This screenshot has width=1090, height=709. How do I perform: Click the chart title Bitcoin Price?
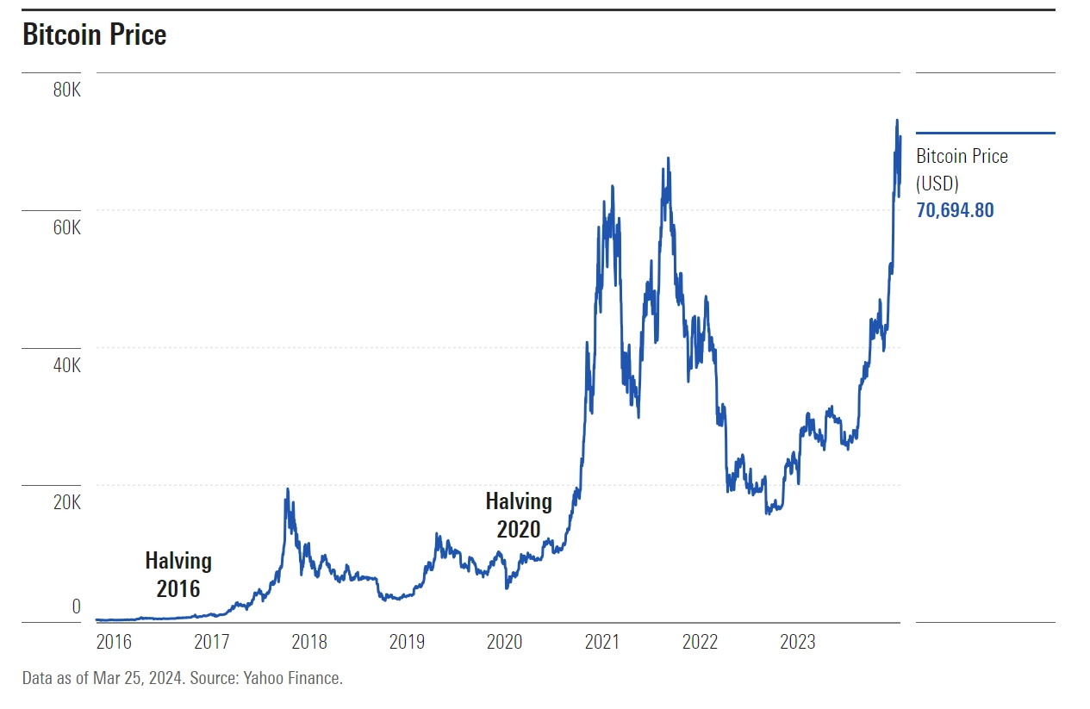[x=94, y=35]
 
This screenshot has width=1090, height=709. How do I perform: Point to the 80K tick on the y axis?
[x=66, y=90]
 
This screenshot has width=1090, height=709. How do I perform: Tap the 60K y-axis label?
[x=66, y=227]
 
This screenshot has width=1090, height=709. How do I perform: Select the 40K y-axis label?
[x=66, y=365]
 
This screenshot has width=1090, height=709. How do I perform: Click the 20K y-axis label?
[x=66, y=502]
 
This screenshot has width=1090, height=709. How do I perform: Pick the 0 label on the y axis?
[x=76, y=606]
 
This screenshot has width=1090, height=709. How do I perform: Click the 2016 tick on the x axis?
[x=114, y=642]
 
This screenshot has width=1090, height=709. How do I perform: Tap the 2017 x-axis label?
[x=211, y=642]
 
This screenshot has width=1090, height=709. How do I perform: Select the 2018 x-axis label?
[x=309, y=642]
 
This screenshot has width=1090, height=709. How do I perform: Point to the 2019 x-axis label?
[x=407, y=642]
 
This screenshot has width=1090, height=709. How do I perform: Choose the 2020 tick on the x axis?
[x=504, y=642]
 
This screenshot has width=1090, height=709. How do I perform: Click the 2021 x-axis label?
[x=602, y=642]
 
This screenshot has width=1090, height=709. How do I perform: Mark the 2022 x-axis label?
[x=700, y=642]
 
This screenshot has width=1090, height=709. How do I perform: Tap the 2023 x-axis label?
[x=797, y=642]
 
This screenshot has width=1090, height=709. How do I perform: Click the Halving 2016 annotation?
[x=178, y=575]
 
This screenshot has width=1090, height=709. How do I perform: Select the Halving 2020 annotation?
[x=518, y=514]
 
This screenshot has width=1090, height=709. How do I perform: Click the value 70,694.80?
[x=955, y=210]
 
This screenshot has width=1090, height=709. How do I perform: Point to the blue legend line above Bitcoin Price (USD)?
[x=985, y=133]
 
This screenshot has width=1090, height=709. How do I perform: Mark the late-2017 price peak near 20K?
[x=287, y=489]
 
